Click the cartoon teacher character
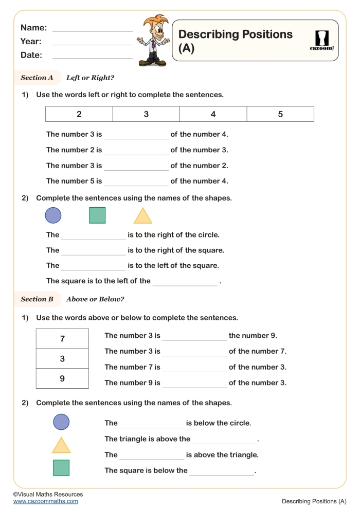click(153, 41)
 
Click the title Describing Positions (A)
click(235, 41)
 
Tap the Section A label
click(37, 78)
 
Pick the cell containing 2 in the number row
click(79, 114)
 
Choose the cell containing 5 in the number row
click(280, 114)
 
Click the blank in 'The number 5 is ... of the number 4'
click(136, 182)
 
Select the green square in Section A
click(97, 215)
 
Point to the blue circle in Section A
click(53, 215)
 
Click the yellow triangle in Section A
click(143, 216)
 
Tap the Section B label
click(37, 299)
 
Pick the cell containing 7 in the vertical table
click(62, 339)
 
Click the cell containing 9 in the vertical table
click(62, 378)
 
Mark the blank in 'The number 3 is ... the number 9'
click(194, 337)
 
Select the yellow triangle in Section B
click(61, 446)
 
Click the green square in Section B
click(61, 468)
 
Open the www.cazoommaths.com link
click(46, 501)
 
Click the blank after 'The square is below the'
click(222, 471)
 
